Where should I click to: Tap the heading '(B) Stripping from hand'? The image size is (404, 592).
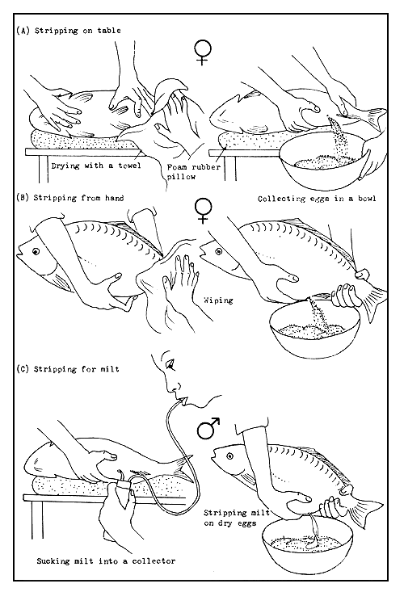point(69,196)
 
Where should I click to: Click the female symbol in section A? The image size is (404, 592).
point(201,53)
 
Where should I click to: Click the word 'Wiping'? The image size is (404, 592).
point(219,300)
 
